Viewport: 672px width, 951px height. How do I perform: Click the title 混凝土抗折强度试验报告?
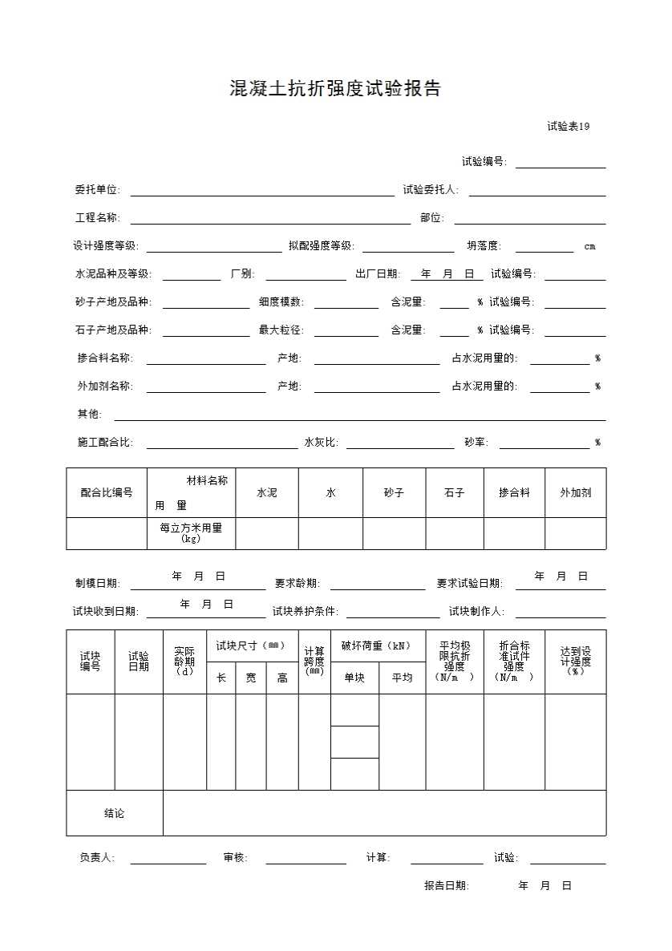click(335, 89)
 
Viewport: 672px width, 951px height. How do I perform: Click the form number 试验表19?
click(569, 127)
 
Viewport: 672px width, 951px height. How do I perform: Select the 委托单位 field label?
click(97, 190)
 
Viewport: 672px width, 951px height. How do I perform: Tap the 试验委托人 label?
click(430, 190)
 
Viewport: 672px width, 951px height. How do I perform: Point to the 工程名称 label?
click(97, 218)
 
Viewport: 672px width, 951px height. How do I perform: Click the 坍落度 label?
click(484, 246)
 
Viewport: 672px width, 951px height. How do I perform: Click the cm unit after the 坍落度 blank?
click(589, 247)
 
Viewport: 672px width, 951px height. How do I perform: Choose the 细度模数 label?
click(281, 302)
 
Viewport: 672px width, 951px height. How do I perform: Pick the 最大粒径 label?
click(281, 330)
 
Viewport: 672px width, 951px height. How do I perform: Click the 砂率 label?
click(476, 443)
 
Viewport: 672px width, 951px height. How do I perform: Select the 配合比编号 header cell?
click(107, 493)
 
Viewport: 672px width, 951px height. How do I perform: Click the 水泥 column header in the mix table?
click(266, 493)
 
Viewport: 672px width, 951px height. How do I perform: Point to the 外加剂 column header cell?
click(575, 493)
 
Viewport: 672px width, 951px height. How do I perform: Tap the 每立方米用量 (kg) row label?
click(191, 533)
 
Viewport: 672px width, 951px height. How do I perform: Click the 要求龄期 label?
click(298, 584)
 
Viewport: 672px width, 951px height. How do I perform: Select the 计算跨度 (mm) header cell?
click(314, 662)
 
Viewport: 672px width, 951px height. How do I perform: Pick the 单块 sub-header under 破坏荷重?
click(354, 678)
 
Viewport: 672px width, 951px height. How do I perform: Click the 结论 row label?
click(115, 814)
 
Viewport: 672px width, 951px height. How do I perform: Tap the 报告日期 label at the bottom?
click(447, 886)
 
